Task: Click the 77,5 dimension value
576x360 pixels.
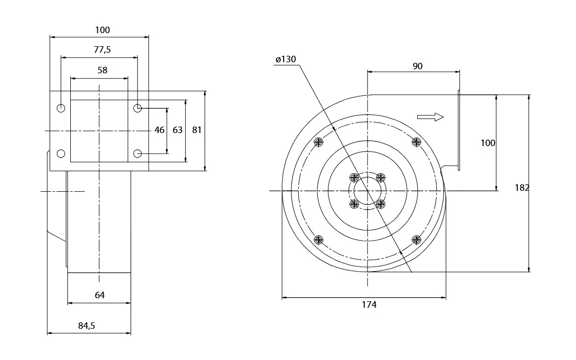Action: click(102, 50)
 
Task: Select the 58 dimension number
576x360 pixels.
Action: click(102, 70)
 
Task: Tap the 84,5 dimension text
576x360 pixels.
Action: click(86, 326)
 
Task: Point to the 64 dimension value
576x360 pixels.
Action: click(99, 295)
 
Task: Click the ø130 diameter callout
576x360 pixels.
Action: click(286, 59)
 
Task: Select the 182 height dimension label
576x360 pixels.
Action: click(522, 187)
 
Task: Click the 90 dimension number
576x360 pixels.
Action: click(417, 66)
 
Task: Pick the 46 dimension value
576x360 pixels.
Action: click(159, 130)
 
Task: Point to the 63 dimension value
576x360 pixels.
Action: click(177, 130)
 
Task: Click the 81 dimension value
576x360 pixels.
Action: click(196, 130)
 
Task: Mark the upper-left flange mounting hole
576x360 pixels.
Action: click(61, 108)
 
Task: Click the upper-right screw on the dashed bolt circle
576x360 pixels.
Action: click(416, 142)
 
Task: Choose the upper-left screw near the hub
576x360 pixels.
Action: click(355, 178)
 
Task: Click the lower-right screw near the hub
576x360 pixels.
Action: click(381, 204)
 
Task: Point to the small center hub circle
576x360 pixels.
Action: click(367, 191)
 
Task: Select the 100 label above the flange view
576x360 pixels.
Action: click(102, 30)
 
